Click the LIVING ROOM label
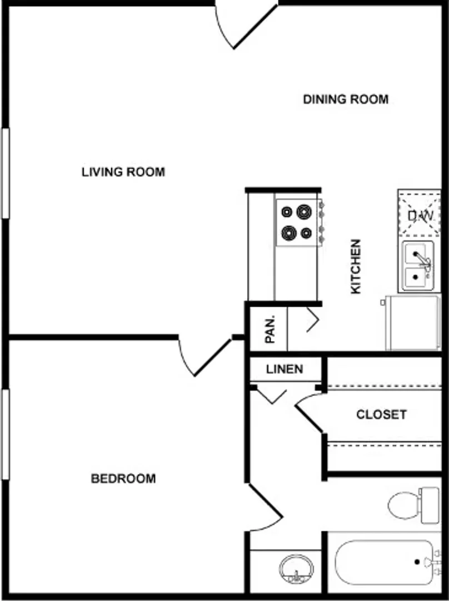[x=123, y=172]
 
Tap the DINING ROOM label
[x=346, y=99]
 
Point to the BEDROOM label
[x=123, y=479]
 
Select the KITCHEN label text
[x=356, y=267]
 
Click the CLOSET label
[x=381, y=415]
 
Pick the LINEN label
[x=285, y=369]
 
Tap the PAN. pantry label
[x=270, y=329]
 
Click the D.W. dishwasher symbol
[x=420, y=214]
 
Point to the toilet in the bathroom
[x=413, y=505]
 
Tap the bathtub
[x=387, y=562]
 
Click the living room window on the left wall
[x=6, y=174]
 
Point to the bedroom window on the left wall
[x=6, y=434]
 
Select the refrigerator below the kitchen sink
[x=413, y=322]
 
